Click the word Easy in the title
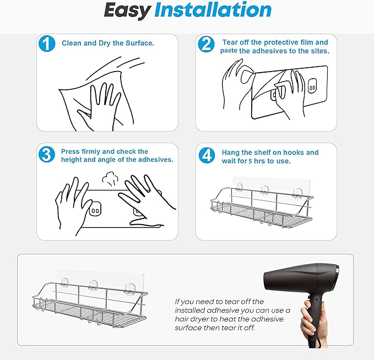click(x=127, y=10)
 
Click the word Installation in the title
click(x=213, y=9)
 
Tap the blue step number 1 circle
click(x=47, y=43)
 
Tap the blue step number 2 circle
click(x=206, y=44)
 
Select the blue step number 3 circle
click(x=47, y=154)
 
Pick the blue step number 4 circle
click(x=207, y=155)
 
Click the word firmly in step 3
click(x=91, y=151)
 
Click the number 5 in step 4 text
click(x=250, y=161)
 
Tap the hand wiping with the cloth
click(x=100, y=107)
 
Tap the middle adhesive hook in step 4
click(x=265, y=190)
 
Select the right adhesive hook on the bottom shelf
click(x=130, y=288)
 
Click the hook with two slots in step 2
click(x=312, y=86)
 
